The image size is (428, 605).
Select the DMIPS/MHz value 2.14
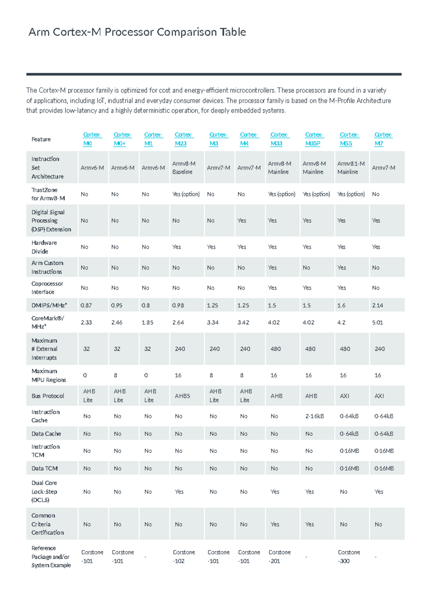[377, 305]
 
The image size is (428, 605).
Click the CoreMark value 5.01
[377, 322]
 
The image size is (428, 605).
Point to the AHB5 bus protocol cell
[182, 396]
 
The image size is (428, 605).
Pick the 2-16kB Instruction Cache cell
[314, 416]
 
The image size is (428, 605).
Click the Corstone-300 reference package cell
[348, 556]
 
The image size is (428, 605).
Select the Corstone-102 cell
[183, 556]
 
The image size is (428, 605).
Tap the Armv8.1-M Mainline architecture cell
[351, 168]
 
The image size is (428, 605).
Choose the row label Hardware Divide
[44, 247]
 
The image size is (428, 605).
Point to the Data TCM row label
[44, 468]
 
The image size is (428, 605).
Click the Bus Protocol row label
[47, 396]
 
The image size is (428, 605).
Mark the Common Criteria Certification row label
[47, 524]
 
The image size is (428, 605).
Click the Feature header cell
[41, 139]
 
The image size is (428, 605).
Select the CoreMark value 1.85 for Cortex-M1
[147, 322]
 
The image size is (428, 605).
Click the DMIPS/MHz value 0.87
[86, 305]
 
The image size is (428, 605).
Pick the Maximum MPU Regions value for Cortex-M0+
[115, 375]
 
